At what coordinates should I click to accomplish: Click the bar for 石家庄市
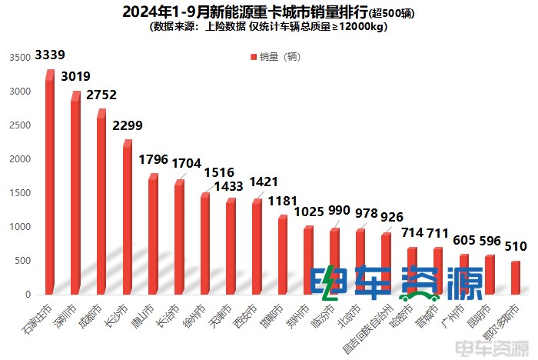point(50,185)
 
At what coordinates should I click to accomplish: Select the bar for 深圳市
point(75,196)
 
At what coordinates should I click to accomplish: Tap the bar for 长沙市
point(127,219)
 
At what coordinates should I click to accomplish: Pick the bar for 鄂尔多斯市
point(515,278)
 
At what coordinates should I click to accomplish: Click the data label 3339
point(50,55)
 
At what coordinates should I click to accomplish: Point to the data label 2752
point(102,96)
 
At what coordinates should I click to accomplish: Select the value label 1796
point(154,160)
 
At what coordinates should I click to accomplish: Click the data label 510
point(516,247)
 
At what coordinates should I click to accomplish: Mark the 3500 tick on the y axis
point(20,58)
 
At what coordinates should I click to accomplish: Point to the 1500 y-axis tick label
point(20,193)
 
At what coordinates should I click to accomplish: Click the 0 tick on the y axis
point(28,295)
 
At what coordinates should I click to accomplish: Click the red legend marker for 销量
point(254,57)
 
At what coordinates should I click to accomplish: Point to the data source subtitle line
point(269,27)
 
